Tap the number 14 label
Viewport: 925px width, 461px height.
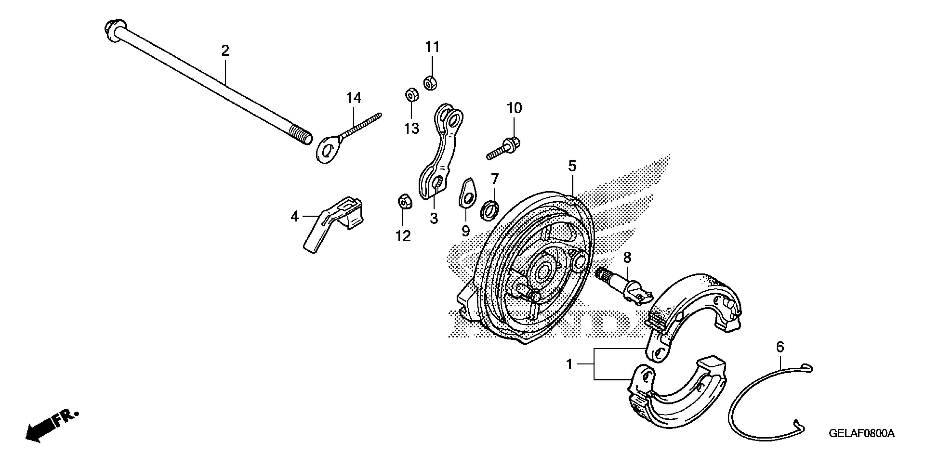(x=354, y=98)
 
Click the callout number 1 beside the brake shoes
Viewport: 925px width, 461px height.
(x=569, y=365)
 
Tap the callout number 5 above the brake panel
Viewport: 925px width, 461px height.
(x=572, y=166)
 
